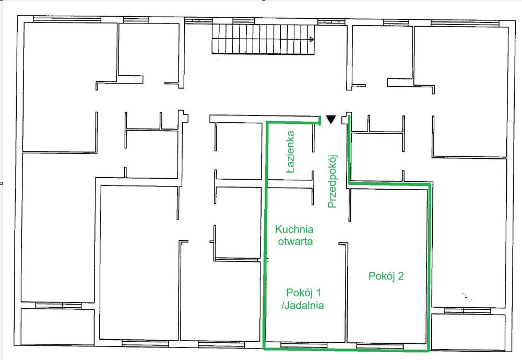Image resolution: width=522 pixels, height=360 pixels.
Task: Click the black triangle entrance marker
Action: (330, 119)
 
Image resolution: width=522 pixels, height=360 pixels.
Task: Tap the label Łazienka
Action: (290, 152)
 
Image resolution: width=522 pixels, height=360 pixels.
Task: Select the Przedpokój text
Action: (332, 181)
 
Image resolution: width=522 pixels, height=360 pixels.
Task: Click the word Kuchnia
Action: (294, 229)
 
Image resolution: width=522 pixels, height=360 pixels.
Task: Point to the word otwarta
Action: (295, 241)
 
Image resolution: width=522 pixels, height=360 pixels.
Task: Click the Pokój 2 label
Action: (386, 276)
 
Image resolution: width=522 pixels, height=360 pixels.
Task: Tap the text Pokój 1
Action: (304, 293)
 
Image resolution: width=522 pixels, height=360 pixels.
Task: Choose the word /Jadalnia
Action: (303, 305)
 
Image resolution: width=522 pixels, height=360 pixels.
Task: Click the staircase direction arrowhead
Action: (312, 39)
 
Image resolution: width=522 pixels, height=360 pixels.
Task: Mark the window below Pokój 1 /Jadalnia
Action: (304, 345)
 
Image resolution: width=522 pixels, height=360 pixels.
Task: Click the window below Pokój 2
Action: (380, 346)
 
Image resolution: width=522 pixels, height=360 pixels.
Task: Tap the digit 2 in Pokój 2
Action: (401, 276)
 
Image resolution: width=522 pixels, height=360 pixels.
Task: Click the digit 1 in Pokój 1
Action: (318, 293)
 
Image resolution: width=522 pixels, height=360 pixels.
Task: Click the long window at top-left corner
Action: (67, 19)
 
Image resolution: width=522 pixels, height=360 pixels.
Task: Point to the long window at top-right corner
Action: (465, 23)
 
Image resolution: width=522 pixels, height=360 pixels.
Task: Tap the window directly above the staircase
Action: (244, 21)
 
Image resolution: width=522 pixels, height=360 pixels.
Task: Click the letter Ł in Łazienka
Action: (291, 170)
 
